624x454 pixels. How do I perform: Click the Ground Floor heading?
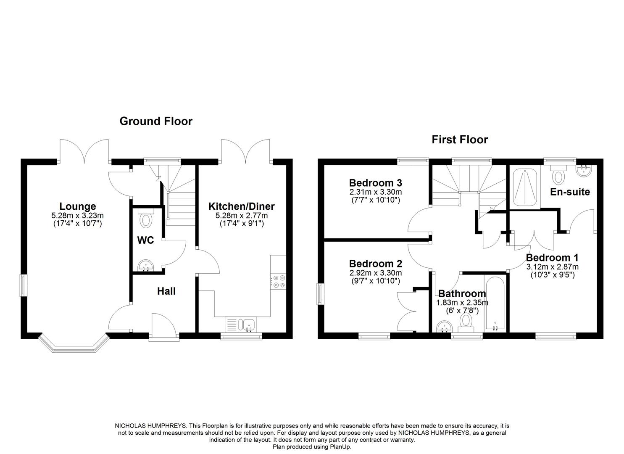(x=156, y=121)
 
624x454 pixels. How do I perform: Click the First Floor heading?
(x=460, y=140)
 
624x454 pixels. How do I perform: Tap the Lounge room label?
(x=77, y=206)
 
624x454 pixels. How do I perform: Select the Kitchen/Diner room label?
(x=242, y=206)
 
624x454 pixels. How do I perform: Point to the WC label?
(x=145, y=240)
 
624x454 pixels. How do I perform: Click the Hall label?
(x=166, y=291)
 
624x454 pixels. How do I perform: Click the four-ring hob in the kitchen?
(x=279, y=281)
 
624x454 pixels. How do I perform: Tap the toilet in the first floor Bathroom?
(x=465, y=322)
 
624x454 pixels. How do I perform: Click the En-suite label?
(x=570, y=192)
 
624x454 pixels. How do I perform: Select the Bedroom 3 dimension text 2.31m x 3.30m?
(x=375, y=192)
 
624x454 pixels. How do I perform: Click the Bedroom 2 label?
(x=375, y=264)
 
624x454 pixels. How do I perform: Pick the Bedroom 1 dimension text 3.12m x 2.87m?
(x=552, y=267)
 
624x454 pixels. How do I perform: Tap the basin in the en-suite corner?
(x=584, y=171)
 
